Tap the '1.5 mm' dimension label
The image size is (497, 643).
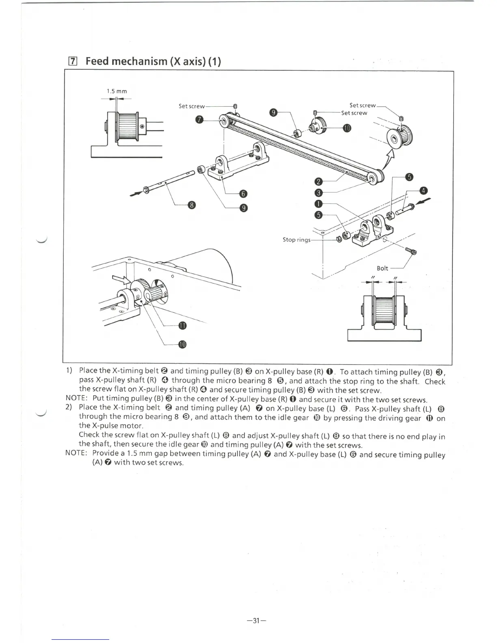pos(117,91)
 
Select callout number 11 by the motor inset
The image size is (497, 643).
pos(182,326)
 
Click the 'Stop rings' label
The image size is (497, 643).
pos(296,240)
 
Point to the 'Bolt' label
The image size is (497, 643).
pos(382,268)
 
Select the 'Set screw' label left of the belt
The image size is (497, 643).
pos(192,106)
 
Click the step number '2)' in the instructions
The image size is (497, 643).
pos(69,407)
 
